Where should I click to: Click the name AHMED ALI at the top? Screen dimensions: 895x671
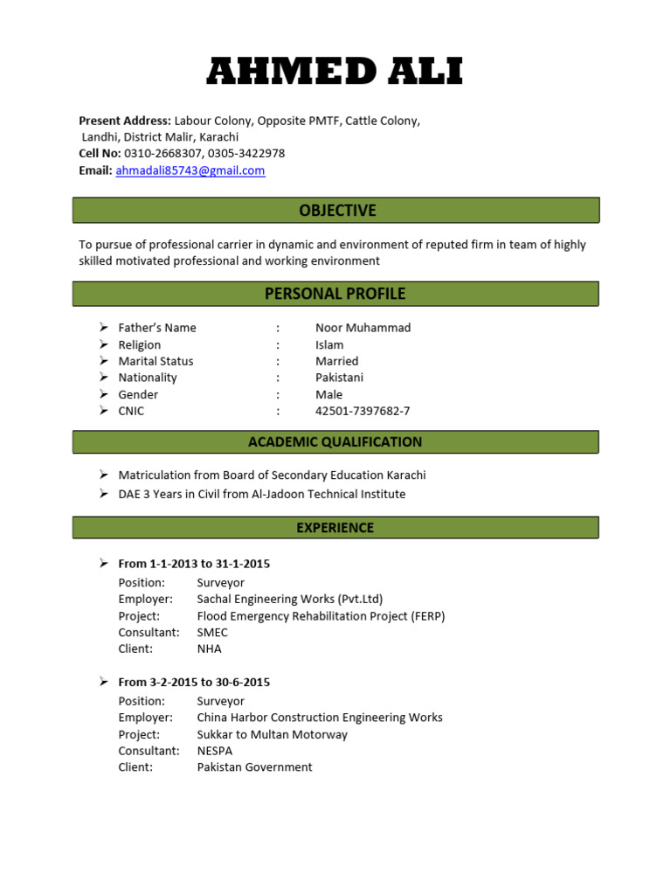(335, 72)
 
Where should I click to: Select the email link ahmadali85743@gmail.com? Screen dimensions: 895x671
(190, 170)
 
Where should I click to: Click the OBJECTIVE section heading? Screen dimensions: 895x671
(336, 211)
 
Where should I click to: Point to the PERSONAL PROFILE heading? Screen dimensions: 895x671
(335, 294)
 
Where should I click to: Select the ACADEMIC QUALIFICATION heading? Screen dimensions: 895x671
(335, 442)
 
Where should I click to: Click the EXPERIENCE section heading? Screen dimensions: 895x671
(335, 528)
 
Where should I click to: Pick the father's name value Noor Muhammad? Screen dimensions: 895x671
(363, 328)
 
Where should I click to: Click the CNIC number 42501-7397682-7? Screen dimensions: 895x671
(363, 411)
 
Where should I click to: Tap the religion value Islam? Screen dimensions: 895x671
(329, 344)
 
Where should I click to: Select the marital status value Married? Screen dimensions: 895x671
(336, 361)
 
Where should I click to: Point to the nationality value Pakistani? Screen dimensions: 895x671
(339, 378)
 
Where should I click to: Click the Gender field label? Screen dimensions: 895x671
(138, 394)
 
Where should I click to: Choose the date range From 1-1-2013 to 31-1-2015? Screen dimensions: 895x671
(194, 564)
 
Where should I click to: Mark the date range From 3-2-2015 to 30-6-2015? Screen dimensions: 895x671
(194, 683)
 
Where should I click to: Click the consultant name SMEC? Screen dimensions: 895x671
(212, 632)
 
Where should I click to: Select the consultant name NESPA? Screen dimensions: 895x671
(215, 751)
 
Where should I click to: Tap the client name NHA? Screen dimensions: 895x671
(210, 649)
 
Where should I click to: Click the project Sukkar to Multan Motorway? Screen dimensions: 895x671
(272, 734)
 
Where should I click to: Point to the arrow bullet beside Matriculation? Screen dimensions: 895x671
(102, 475)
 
